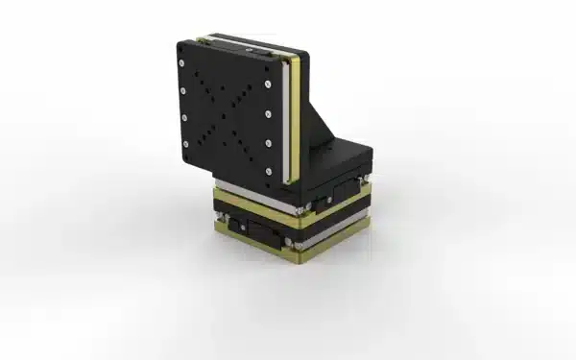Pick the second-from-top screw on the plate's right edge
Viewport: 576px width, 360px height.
pos(266,112)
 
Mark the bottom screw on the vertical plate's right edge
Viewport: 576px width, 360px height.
pos(268,172)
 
